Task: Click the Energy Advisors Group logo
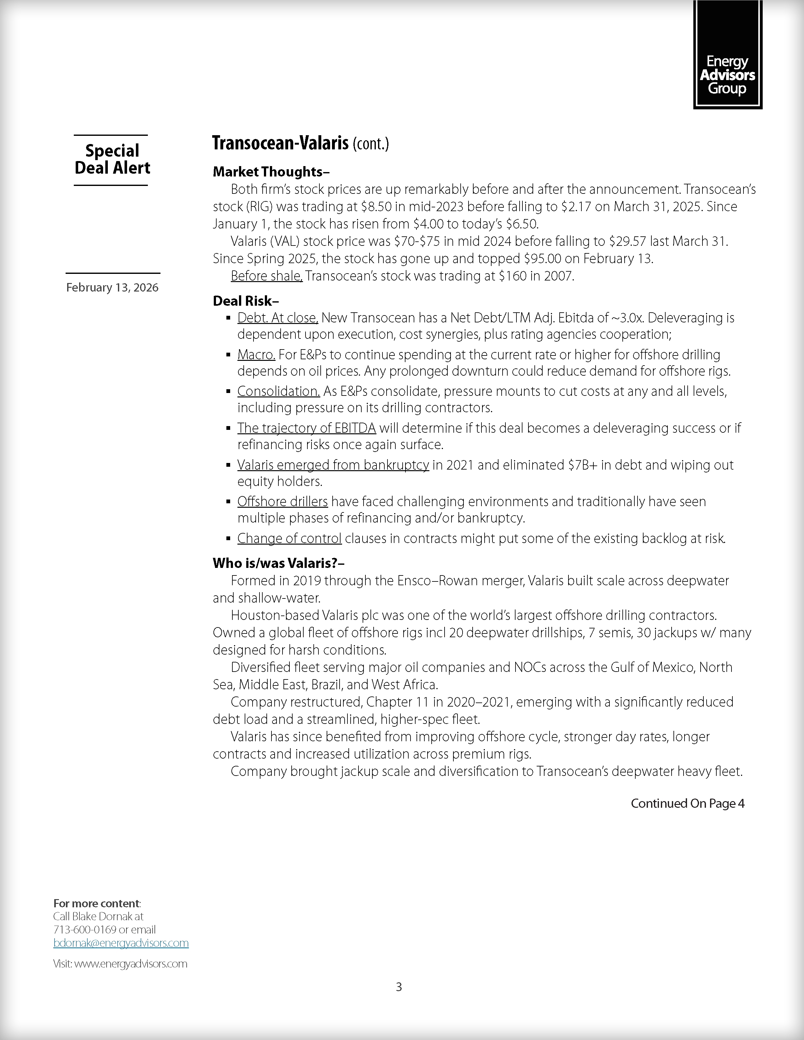tap(727, 55)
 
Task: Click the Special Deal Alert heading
tap(113, 159)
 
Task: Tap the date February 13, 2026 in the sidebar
tap(113, 288)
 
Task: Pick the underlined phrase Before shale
tap(266, 276)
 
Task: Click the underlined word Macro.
tap(256, 355)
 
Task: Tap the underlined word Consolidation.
tap(279, 391)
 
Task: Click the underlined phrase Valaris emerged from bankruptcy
tap(333, 465)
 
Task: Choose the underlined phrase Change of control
tap(289, 539)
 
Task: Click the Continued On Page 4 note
tap(687, 803)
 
